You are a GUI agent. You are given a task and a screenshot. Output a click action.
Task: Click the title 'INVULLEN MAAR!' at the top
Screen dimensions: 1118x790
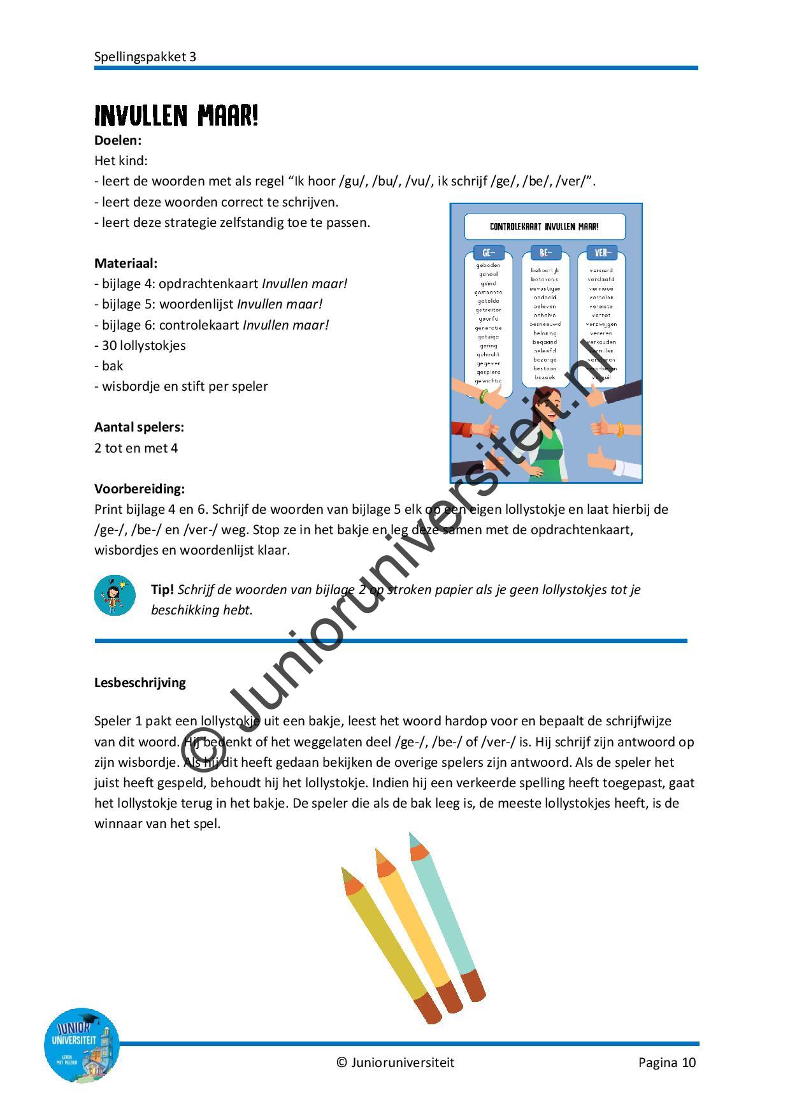(176, 116)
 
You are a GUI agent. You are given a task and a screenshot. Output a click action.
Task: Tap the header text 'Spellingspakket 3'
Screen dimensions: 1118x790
(145, 57)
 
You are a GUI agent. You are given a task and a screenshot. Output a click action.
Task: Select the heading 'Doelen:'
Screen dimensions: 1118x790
(118, 140)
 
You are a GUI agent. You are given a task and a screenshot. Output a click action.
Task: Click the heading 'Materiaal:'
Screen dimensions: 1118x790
(126, 263)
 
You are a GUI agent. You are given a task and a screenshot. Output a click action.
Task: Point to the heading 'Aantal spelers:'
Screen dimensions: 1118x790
(139, 427)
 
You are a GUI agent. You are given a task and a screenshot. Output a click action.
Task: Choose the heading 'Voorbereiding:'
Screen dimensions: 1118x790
(140, 489)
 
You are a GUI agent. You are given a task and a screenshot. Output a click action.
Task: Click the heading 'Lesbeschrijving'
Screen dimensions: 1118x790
(140, 683)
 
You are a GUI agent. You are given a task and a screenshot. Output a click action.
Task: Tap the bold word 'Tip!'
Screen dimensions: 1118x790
(162, 590)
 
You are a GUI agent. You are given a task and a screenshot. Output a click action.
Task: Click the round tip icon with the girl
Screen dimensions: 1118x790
(115, 595)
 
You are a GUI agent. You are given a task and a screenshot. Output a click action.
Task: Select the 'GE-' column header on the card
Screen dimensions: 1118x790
(489, 253)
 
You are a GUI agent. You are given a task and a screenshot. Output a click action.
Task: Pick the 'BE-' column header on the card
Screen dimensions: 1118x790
(545, 253)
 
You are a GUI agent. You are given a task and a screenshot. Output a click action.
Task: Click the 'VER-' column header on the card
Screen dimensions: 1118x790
(602, 253)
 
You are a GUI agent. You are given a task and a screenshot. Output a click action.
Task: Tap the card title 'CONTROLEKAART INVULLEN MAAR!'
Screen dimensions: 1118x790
(544, 226)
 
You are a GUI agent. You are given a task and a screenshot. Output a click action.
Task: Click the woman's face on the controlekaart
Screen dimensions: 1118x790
(545, 408)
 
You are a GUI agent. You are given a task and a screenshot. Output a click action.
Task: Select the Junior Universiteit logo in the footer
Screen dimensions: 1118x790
(81, 1045)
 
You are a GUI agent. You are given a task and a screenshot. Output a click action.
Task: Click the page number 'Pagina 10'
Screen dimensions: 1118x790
(667, 1063)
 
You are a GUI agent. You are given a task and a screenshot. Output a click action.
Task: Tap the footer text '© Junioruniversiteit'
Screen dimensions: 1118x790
(396, 1063)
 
